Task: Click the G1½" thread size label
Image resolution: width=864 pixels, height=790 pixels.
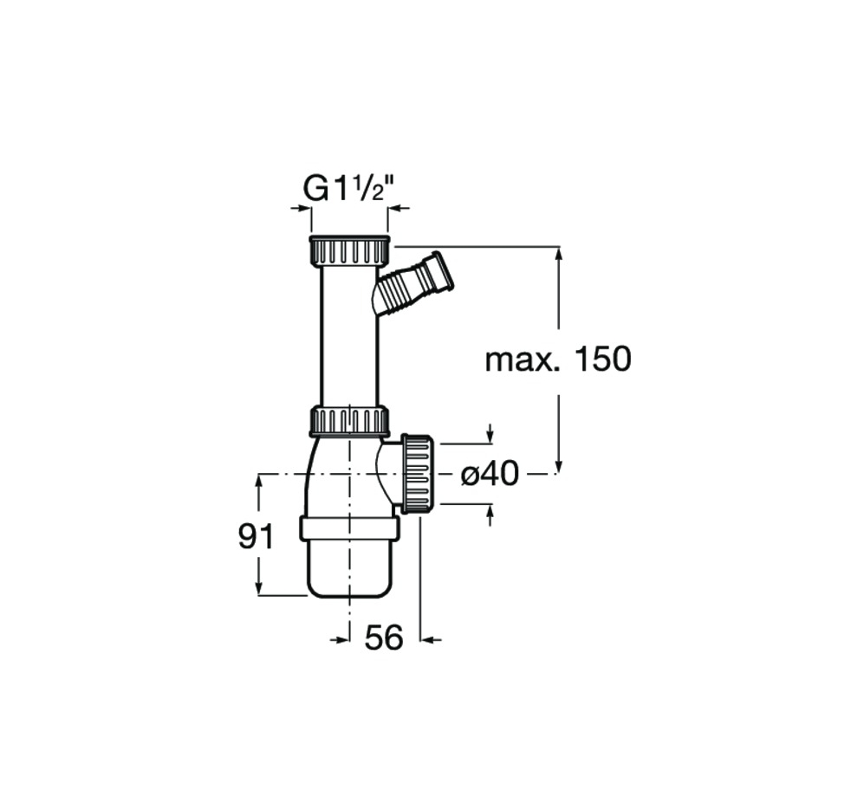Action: (x=351, y=190)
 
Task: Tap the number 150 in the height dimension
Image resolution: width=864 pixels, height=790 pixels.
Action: (x=601, y=359)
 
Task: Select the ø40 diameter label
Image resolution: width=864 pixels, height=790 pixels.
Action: (x=490, y=473)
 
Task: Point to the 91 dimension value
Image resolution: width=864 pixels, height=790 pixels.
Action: (x=255, y=536)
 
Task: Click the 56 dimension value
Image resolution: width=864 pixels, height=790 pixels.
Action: (x=384, y=638)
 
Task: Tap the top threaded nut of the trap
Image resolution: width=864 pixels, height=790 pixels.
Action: (x=350, y=250)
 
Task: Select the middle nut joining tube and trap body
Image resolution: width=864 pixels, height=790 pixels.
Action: (x=350, y=422)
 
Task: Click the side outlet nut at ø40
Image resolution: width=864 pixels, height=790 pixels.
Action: (x=419, y=474)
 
